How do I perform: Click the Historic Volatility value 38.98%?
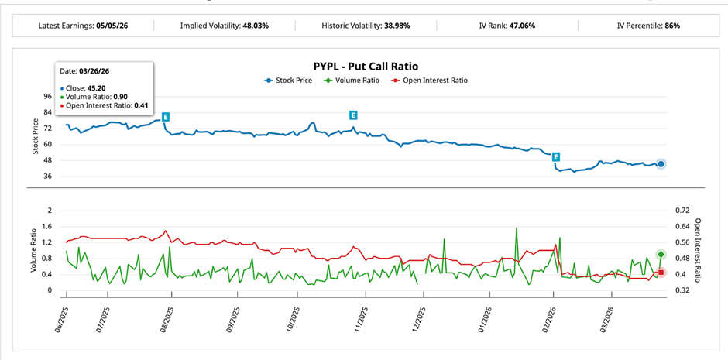tap(397, 26)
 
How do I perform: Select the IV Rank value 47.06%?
tap(521, 26)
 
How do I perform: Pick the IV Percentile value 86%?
tap(671, 26)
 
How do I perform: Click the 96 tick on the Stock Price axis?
tap(47, 97)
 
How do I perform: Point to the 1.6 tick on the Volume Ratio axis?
tap(46, 227)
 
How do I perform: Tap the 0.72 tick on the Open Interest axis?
tap(682, 211)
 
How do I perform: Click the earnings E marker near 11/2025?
tap(353, 115)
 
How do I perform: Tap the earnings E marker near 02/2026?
tap(555, 157)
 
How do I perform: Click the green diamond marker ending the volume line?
tap(661, 255)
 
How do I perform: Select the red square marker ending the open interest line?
tap(661, 273)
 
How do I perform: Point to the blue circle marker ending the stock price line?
tap(661, 164)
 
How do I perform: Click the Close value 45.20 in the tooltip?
tap(105, 88)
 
